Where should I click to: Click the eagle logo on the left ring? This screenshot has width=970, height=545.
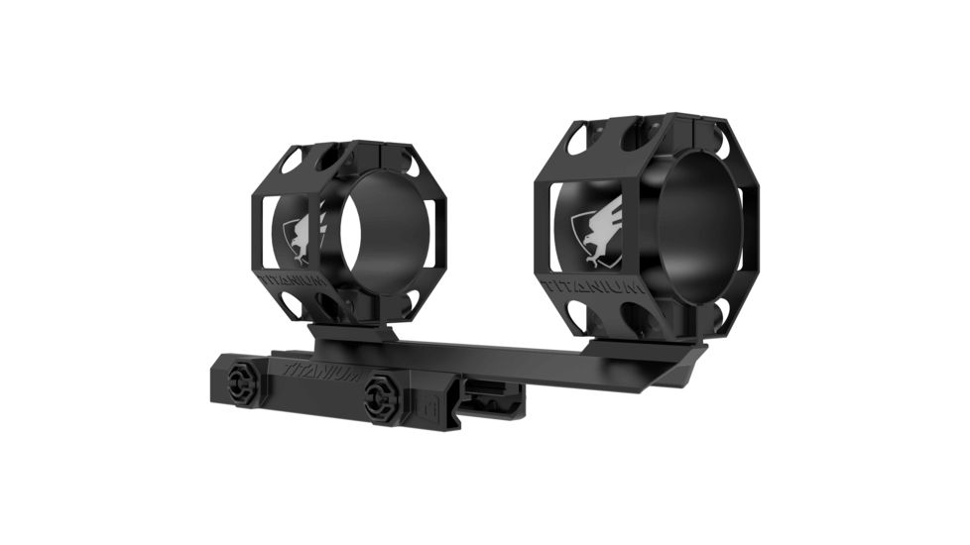(302, 239)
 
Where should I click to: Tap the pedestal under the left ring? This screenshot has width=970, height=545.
(352, 334)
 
